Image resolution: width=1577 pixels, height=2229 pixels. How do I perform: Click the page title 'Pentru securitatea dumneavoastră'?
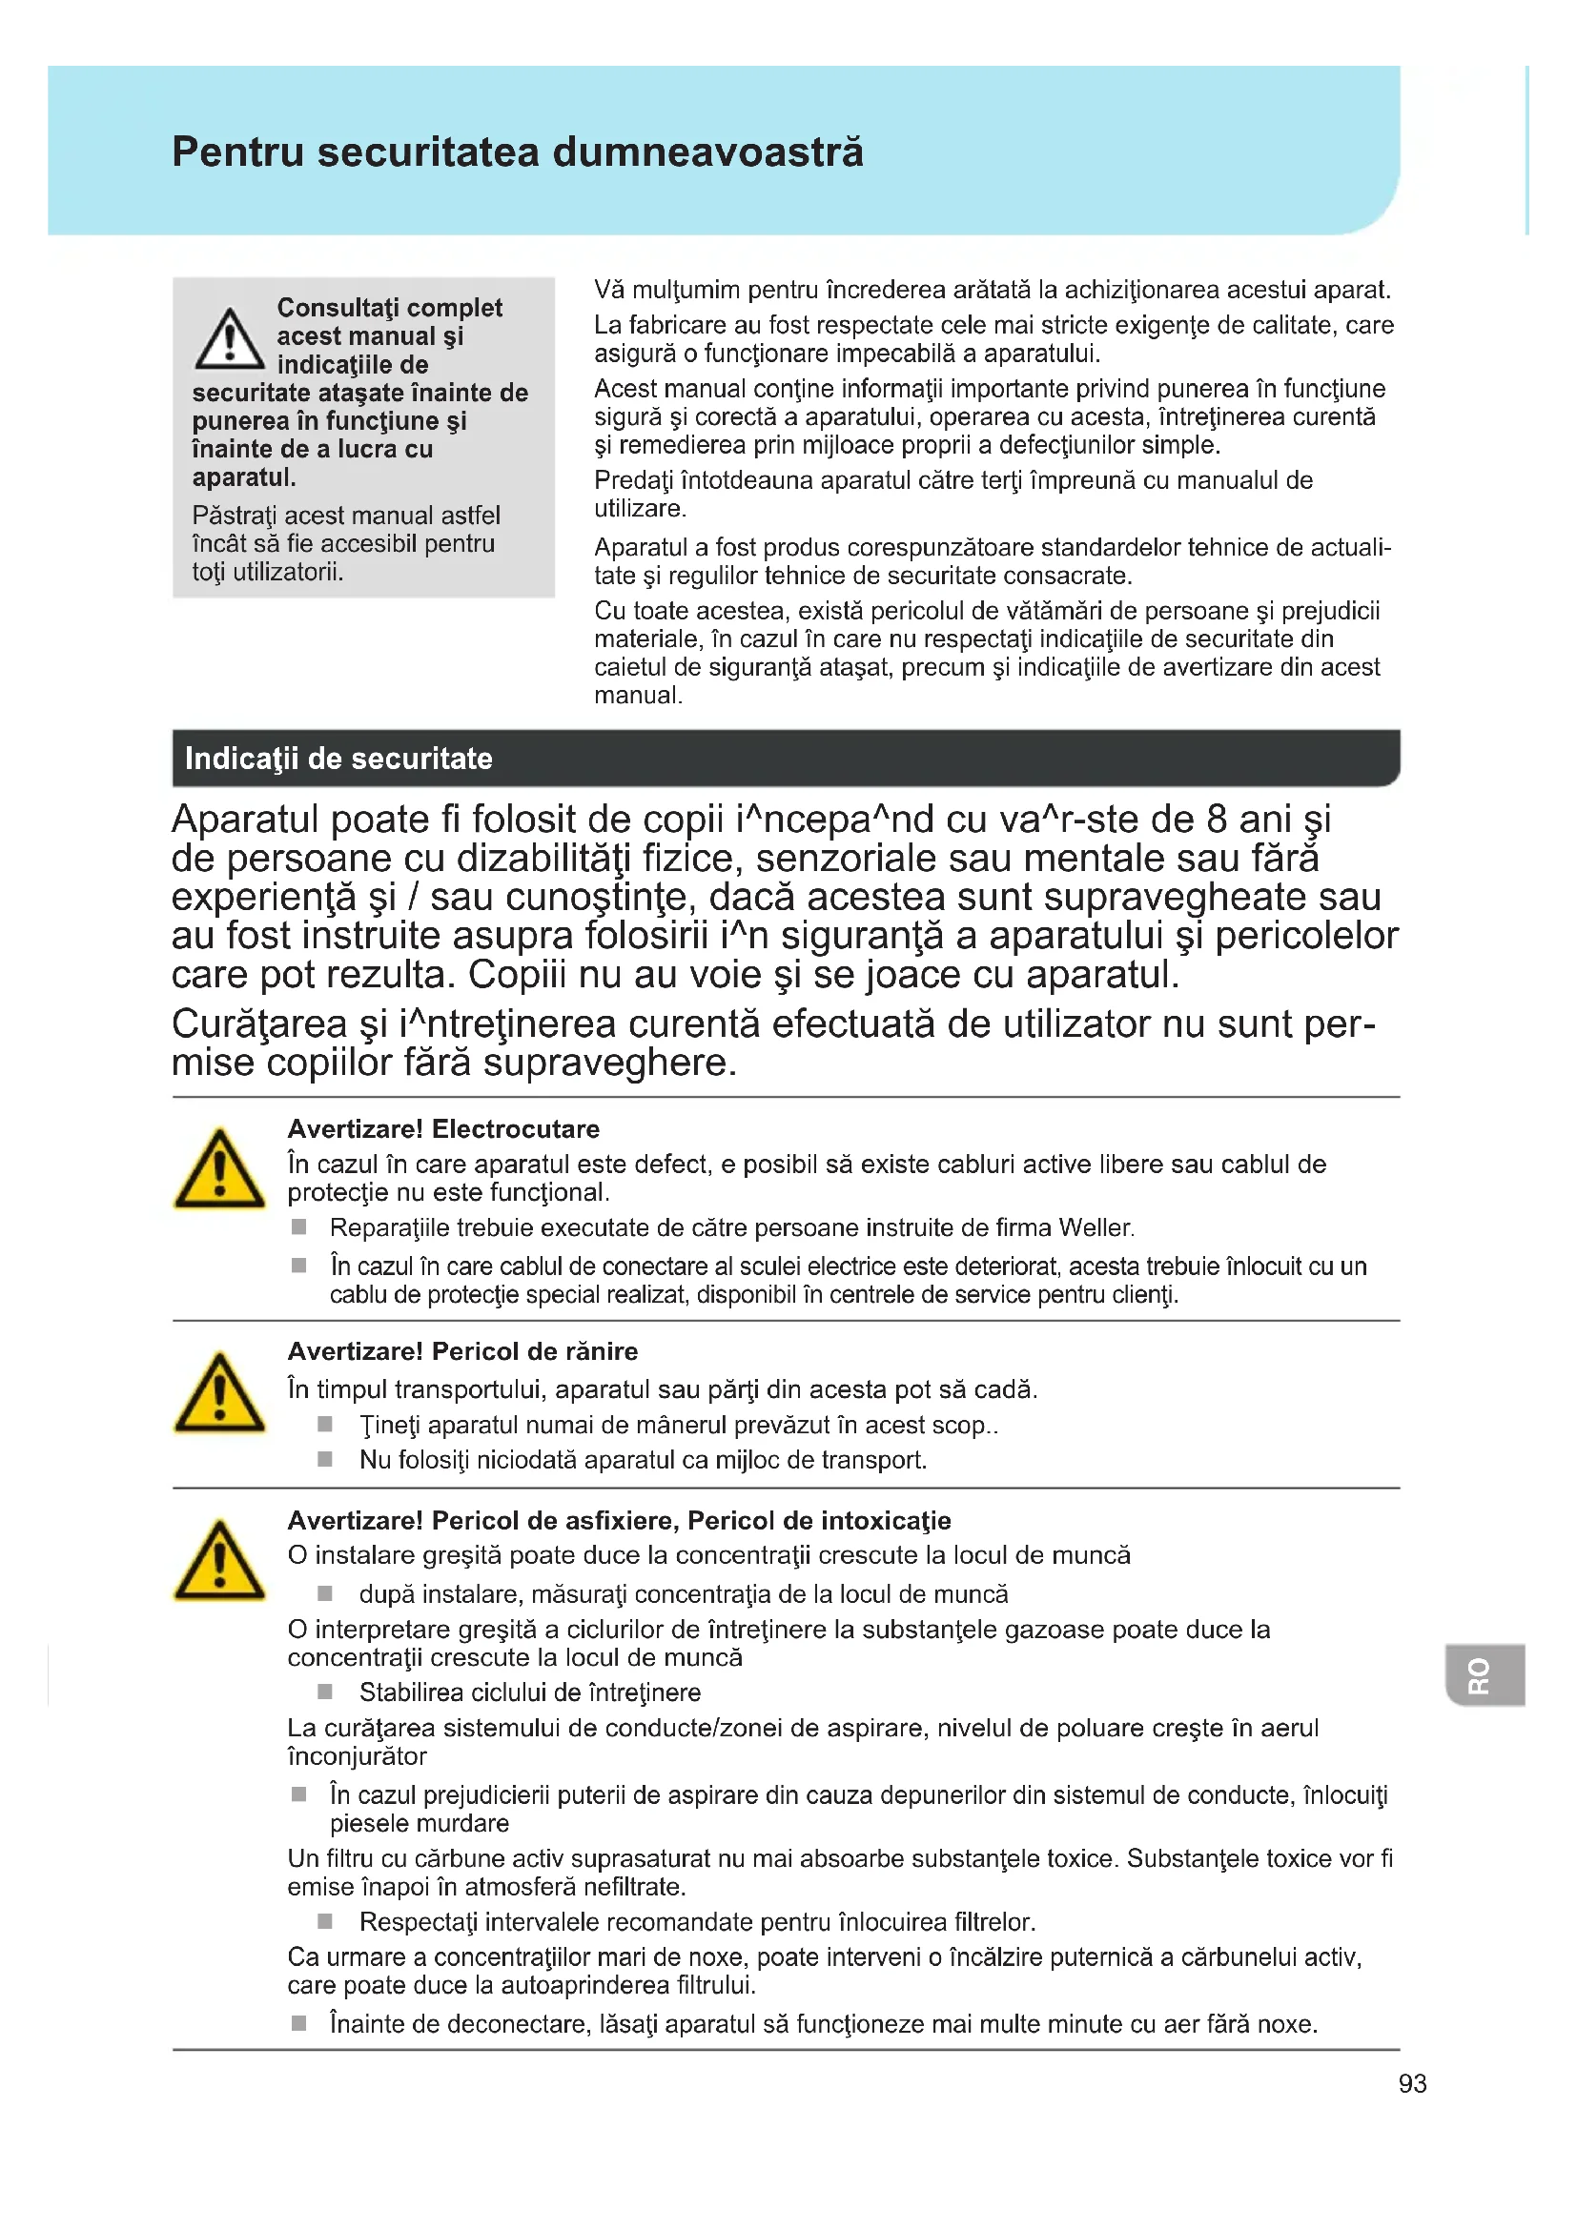click(x=517, y=152)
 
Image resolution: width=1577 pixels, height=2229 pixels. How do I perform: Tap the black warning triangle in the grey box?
click(x=229, y=340)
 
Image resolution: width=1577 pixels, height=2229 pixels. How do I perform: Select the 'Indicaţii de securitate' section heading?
click(x=338, y=759)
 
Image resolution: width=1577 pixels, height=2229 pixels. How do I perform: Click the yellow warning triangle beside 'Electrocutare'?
click(x=219, y=1170)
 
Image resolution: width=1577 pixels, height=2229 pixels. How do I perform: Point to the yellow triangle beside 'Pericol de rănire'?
click(x=219, y=1393)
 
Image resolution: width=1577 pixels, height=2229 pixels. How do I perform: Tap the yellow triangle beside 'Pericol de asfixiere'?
click(x=219, y=1561)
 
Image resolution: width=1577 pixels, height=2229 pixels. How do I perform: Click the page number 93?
click(x=1412, y=2083)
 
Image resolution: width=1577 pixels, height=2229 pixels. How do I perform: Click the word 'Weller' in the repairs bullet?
click(x=1095, y=1228)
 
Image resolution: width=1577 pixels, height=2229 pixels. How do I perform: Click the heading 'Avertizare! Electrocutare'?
click(x=442, y=1129)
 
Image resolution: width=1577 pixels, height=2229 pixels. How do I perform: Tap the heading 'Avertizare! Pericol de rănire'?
click(x=462, y=1351)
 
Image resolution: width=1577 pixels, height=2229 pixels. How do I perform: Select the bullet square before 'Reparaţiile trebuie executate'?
click(x=299, y=1227)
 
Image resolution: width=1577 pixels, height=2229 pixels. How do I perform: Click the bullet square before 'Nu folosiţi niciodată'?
click(x=325, y=1459)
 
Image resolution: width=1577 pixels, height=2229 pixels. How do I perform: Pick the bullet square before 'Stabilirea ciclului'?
click(x=325, y=1692)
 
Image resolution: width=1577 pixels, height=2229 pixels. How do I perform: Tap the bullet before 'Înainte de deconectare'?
click(x=299, y=2023)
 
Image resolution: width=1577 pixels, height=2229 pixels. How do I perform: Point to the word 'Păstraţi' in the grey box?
click(x=232, y=516)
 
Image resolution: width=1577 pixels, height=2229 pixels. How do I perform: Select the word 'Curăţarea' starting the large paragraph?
click(x=258, y=1024)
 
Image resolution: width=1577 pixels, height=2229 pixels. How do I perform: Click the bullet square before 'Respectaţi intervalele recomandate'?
click(x=325, y=1921)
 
